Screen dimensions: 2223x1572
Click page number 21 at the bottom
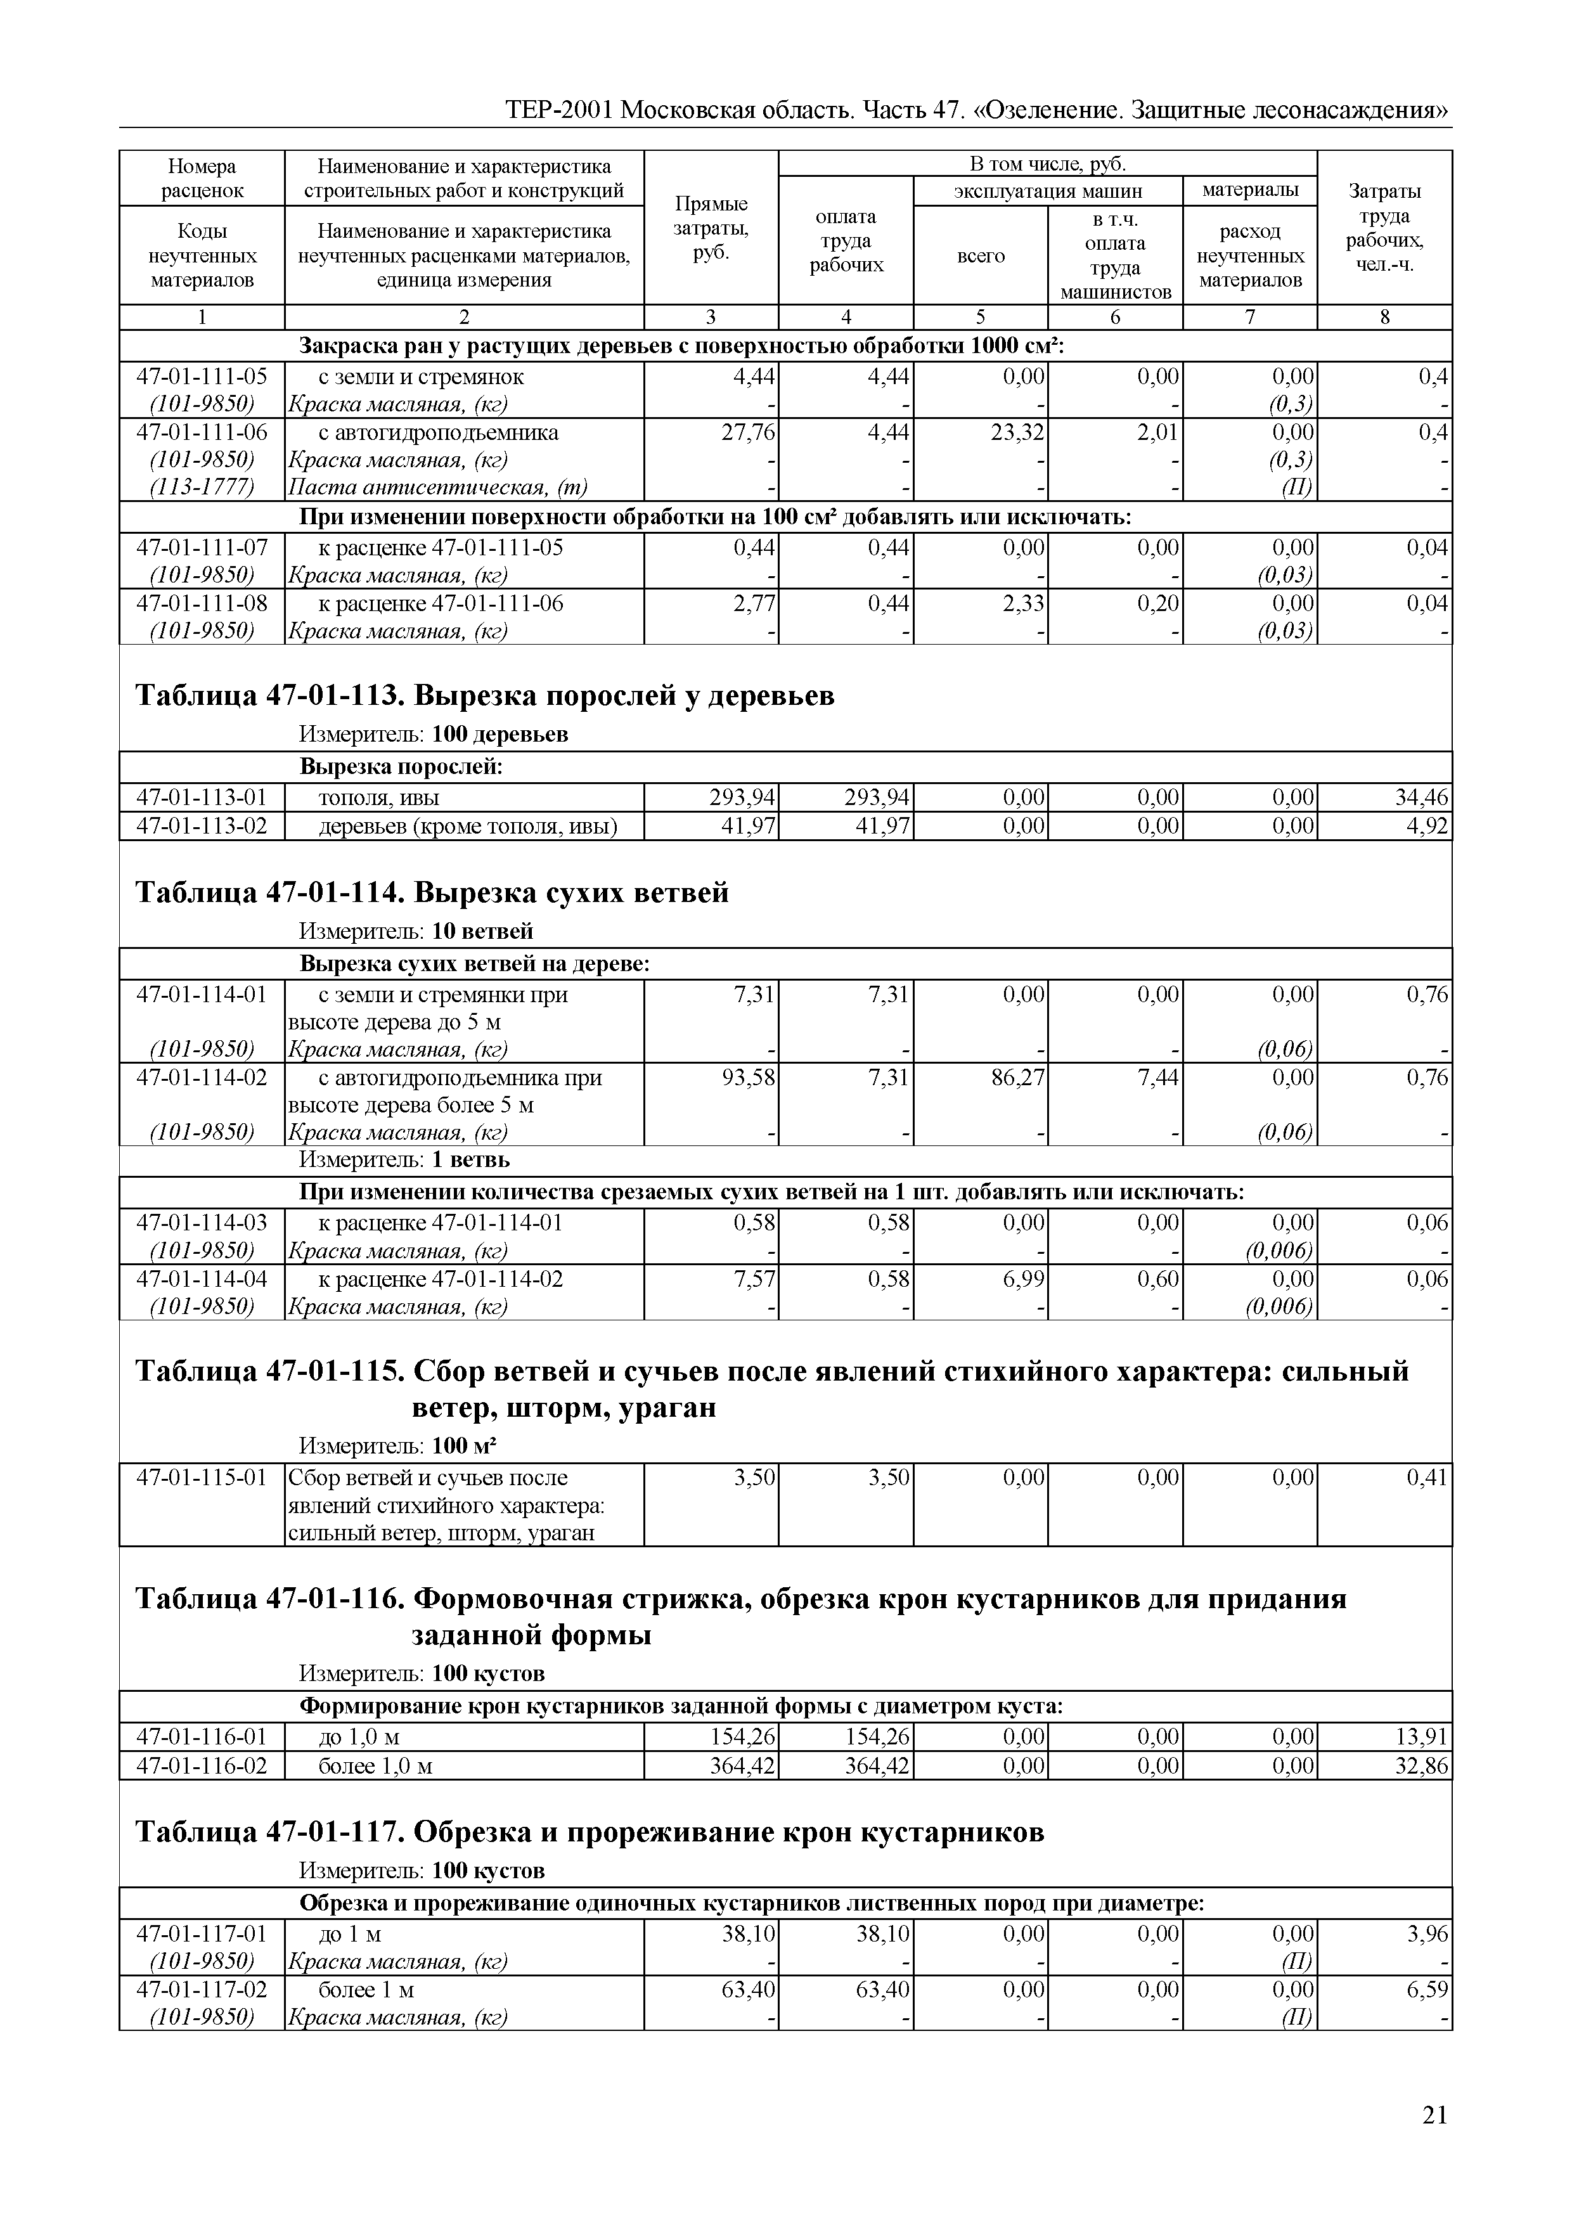1434,2115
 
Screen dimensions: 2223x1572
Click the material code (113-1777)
202,487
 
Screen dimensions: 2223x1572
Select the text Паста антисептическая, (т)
437,487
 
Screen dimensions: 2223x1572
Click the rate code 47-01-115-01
202,1478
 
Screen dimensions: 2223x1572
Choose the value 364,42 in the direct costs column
742,1766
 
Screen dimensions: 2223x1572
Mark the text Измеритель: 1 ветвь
404,1160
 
